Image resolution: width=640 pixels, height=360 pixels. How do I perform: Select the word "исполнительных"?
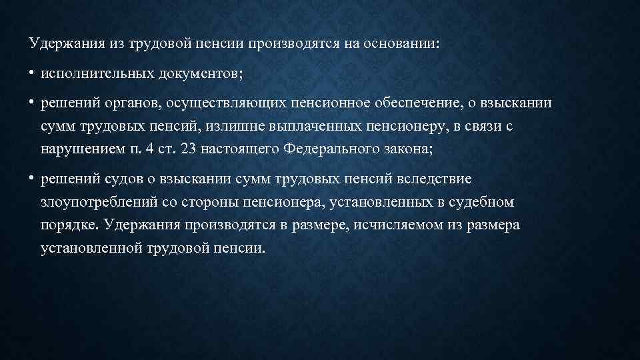[97, 73]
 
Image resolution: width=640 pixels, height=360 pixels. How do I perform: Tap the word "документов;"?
[201, 73]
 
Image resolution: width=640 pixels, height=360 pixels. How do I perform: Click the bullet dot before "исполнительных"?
[31, 73]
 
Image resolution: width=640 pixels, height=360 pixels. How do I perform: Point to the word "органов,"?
[134, 103]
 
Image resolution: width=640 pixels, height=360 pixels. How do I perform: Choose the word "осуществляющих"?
[227, 103]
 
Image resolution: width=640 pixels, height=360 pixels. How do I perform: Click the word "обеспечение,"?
[419, 103]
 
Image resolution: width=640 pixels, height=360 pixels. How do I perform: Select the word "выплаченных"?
[315, 127]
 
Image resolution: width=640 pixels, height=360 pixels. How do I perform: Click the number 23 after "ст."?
[189, 149]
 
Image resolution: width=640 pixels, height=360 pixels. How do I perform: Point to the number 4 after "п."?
[150, 149]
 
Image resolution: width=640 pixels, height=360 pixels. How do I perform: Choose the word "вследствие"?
[434, 179]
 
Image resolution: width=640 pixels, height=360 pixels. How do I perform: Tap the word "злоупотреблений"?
[99, 202]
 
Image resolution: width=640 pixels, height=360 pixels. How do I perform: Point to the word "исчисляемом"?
[399, 225]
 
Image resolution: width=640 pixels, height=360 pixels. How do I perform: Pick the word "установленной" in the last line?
[91, 248]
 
